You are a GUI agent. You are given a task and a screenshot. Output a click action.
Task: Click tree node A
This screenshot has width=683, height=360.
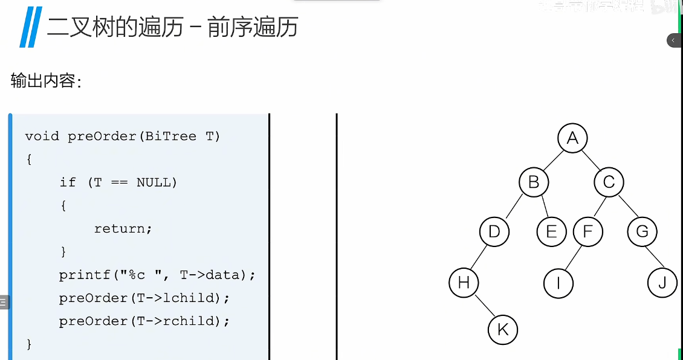[x=572, y=139]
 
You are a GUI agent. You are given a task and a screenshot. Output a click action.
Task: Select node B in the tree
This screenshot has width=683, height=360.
[x=534, y=182]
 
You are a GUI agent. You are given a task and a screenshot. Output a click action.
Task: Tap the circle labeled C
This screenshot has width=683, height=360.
[x=609, y=182]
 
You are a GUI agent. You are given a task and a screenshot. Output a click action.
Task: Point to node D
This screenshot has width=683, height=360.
[x=494, y=231]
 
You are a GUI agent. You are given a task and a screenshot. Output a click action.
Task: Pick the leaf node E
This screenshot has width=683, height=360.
[x=551, y=231]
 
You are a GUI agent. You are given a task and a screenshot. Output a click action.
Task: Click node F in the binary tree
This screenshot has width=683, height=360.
[x=588, y=231]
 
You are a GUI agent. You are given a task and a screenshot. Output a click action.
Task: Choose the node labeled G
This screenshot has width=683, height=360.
[x=642, y=231]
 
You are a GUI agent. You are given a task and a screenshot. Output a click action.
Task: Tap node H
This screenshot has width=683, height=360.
[x=464, y=283]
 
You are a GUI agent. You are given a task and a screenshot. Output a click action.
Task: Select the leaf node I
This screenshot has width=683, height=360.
[x=558, y=283]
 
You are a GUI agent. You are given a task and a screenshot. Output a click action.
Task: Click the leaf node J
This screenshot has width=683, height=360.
[x=662, y=283]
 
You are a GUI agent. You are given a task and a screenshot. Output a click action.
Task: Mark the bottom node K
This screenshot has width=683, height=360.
[x=503, y=330]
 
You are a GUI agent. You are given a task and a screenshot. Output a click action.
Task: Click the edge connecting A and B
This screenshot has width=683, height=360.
[x=553, y=160]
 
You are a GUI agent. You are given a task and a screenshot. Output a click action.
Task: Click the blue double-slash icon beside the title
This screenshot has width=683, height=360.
[x=29, y=28]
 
